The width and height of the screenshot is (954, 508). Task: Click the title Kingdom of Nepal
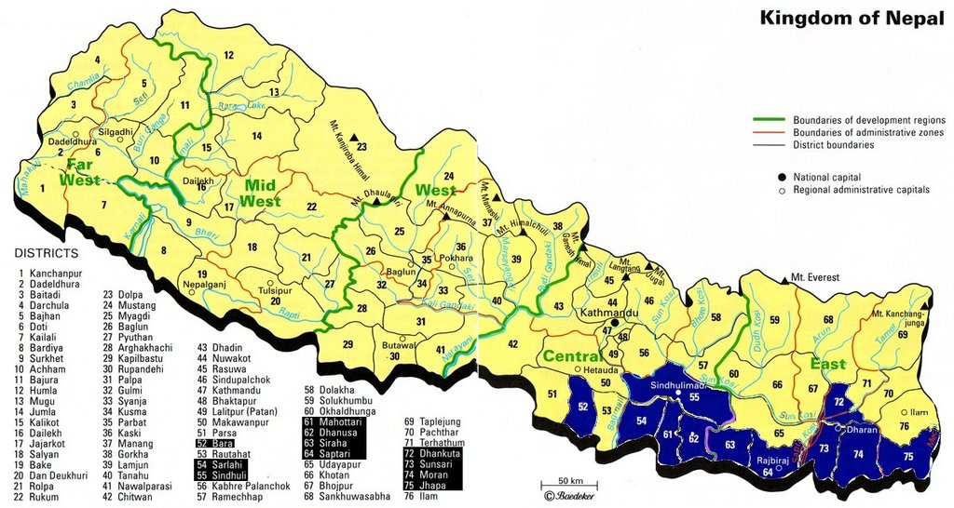[852, 18]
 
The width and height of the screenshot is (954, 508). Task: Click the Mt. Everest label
[815, 277]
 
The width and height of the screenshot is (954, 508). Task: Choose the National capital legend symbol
[782, 176]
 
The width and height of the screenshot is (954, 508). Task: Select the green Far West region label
[83, 173]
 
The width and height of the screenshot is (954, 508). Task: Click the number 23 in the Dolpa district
[361, 147]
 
